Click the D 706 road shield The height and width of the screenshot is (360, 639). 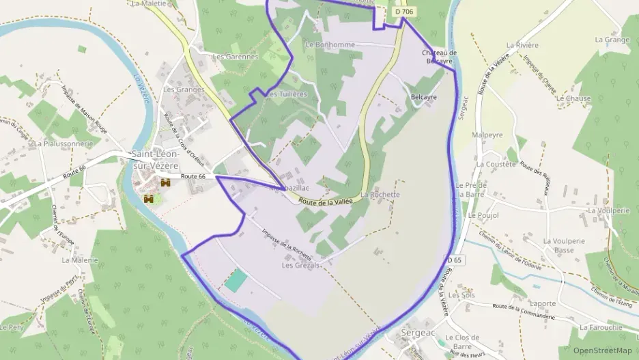[404, 12]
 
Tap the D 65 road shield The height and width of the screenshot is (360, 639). [455, 260]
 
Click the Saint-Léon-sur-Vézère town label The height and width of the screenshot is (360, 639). [156, 160]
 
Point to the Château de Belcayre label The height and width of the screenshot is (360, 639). [438, 57]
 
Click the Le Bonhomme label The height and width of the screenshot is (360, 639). [330, 44]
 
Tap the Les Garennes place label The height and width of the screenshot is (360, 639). [236, 57]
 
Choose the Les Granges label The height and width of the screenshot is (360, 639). [184, 89]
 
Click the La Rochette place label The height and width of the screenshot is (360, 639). [380, 195]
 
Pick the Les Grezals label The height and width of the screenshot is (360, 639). [300, 265]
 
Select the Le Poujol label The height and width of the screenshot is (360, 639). [484, 215]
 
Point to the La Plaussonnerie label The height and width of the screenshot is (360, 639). [63, 144]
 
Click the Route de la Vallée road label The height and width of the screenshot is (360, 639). [325, 202]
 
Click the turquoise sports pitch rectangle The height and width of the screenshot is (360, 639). [236, 281]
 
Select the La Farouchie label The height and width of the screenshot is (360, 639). [601, 328]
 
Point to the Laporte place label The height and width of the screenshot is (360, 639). [543, 303]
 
